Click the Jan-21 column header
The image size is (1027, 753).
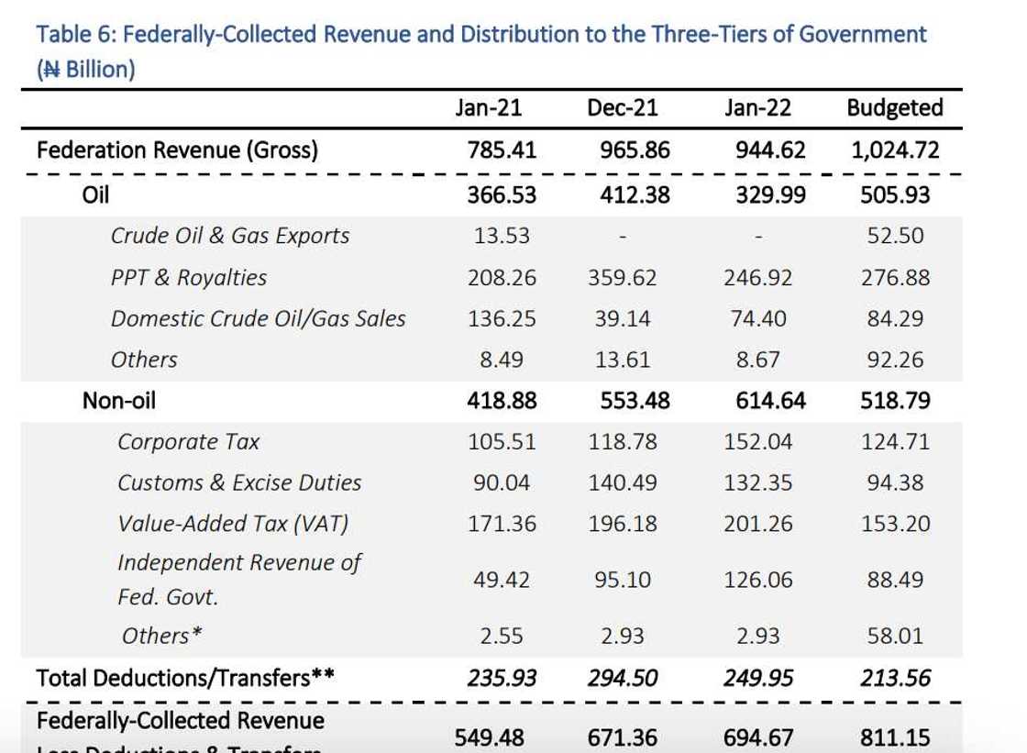tap(489, 108)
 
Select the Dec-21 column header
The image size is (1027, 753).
tap(623, 108)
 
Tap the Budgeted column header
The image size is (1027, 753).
tap(894, 108)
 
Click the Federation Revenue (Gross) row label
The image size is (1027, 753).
tap(177, 149)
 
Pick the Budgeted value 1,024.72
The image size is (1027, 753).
tap(895, 149)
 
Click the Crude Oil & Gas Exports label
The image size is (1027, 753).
tap(230, 236)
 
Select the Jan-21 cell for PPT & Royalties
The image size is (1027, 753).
tap(502, 277)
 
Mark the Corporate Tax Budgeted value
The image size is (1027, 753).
tap(895, 441)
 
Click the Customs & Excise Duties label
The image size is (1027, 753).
tap(239, 482)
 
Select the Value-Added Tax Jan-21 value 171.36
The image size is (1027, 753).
tap(502, 524)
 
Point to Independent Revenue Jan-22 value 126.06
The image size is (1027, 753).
tap(757, 580)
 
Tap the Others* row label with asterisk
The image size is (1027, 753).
tap(161, 635)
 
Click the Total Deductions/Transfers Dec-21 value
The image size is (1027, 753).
tap(623, 678)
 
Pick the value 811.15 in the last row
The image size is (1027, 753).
tap(895, 736)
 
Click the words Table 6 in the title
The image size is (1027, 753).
tap(75, 35)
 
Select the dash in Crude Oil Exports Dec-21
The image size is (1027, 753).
tap(623, 237)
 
